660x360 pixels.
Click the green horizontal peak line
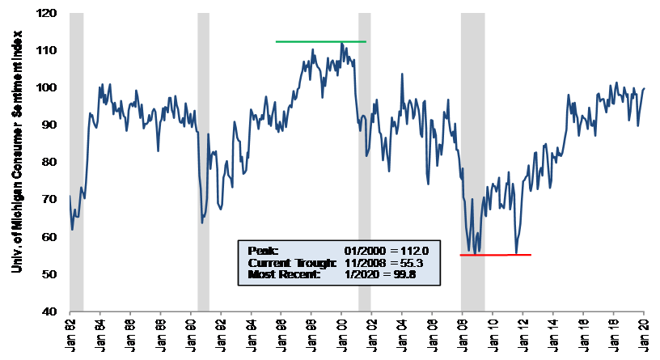pyautogui.click(x=320, y=41)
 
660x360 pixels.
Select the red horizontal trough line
pyautogui.click(x=495, y=255)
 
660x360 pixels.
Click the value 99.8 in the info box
pyautogui.click(x=412, y=275)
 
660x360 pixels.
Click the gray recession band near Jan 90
pyautogui.click(x=203, y=162)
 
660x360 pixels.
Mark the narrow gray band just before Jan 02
pyautogui.click(x=365, y=162)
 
